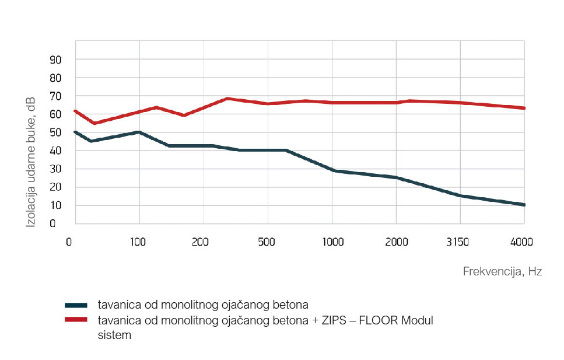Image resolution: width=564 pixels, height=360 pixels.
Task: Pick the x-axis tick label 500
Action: coord(266,242)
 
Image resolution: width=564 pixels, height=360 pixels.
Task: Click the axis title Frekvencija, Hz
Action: coord(502,271)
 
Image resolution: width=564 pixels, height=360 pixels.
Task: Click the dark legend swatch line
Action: coord(76,305)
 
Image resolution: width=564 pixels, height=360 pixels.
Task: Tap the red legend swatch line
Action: coord(76,320)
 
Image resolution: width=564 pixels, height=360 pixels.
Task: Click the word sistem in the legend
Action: coord(114,335)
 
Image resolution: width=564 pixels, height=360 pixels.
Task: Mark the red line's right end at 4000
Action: coord(524,108)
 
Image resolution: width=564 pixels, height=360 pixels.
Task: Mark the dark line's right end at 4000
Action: coord(524,205)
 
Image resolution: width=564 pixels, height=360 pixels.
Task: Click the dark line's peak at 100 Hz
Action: coord(139,132)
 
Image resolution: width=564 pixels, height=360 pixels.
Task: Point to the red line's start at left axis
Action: coord(75,111)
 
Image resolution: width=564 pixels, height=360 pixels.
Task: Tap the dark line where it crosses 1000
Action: coord(332,170)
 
